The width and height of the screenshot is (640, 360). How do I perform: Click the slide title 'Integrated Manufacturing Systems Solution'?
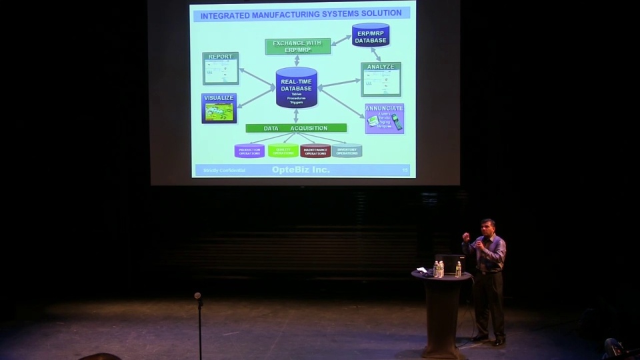(x=301, y=13)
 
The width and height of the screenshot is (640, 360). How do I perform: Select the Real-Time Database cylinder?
(x=296, y=87)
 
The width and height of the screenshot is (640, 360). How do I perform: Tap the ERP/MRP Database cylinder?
(x=371, y=35)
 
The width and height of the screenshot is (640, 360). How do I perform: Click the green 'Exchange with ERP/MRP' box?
(x=297, y=47)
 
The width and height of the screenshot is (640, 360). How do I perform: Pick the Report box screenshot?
(x=221, y=69)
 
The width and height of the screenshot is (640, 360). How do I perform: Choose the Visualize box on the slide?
(x=219, y=108)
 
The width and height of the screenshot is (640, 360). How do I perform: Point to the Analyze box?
(x=381, y=80)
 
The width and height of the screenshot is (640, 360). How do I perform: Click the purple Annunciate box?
(x=384, y=118)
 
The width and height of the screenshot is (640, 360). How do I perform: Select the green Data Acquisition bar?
(x=296, y=128)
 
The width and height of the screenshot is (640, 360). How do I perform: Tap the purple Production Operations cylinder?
(x=249, y=151)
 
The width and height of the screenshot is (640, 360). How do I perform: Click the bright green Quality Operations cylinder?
(x=283, y=151)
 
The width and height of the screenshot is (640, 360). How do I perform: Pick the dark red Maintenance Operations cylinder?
(x=315, y=151)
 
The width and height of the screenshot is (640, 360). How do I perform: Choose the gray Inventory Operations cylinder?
(x=347, y=151)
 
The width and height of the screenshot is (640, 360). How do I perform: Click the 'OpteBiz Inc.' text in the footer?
(x=301, y=170)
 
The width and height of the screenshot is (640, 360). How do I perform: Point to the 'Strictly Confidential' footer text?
(x=224, y=171)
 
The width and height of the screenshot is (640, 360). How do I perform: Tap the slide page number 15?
(x=405, y=171)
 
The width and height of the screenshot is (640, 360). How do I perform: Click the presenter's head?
(x=487, y=227)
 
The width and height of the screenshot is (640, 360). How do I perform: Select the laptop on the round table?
(x=449, y=263)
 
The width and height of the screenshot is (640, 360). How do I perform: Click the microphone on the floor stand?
(x=197, y=296)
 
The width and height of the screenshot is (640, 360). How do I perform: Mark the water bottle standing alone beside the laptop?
(x=458, y=269)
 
